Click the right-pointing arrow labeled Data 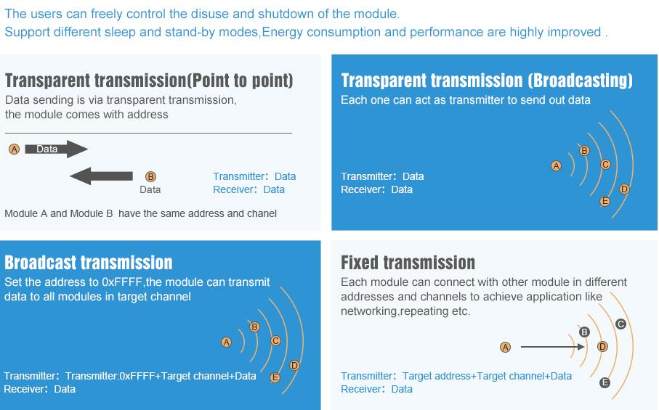click(57, 149)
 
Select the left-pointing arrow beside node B click(101, 176)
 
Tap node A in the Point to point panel click(15, 149)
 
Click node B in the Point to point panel click(150, 176)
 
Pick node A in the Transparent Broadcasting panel click(556, 165)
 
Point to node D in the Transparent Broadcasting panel click(624, 189)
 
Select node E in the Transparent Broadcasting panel click(605, 201)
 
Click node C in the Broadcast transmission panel click(275, 341)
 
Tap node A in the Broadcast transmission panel click(226, 342)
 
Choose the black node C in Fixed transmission click(620, 324)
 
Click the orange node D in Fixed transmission click(602, 347)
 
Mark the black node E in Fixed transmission click(605, 382)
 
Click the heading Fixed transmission click(408, 263)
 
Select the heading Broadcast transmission click(88, 263)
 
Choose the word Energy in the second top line click(283, 33)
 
